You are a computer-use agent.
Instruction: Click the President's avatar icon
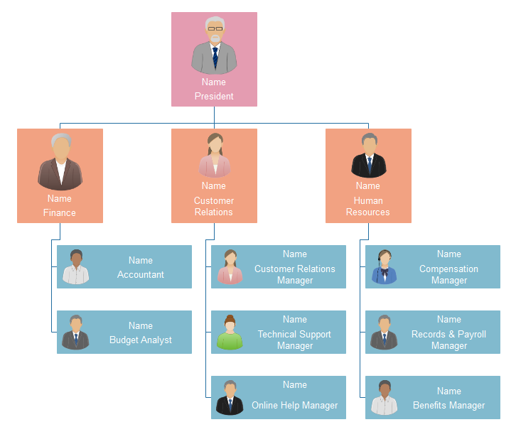pos(214,45)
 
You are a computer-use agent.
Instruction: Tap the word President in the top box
pos(214,97)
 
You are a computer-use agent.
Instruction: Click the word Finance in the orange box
pos(60,212)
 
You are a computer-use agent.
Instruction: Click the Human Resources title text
pos(368,207)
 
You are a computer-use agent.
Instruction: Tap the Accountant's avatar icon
pos(75,267)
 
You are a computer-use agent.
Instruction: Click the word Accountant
pos(141,275)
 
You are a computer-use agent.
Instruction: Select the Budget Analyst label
pos(141,340)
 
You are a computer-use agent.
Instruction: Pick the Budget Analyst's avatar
pos(75,333)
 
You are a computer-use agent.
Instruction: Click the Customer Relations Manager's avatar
pos(230,267)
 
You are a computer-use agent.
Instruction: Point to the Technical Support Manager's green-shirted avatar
pos(230,333)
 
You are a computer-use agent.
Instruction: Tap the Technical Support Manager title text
pos(294,340)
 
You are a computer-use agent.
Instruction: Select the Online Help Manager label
pos(294,406)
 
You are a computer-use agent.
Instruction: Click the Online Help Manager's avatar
pos(230,398)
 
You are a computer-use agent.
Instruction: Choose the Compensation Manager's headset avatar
pos(385,267)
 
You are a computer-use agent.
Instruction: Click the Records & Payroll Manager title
pos(448,340)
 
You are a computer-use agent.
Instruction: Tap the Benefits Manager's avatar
pos(385,398)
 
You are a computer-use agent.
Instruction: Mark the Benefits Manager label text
pos(448,406)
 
